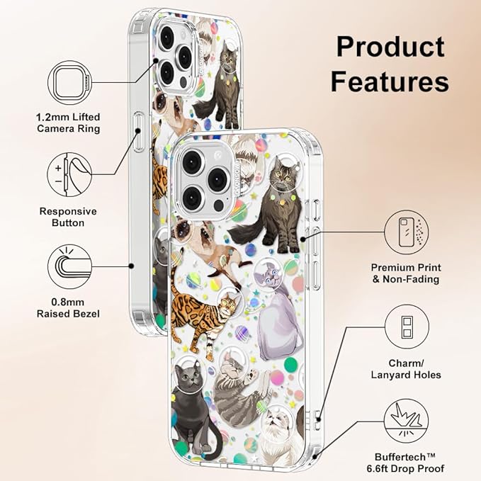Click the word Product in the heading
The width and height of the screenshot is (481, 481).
390,47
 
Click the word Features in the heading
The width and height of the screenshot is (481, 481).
390,81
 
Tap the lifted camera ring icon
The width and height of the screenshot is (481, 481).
69,82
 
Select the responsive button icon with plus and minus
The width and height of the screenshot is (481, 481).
69,174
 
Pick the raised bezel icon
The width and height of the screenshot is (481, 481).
69,266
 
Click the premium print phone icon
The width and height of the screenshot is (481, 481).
407,232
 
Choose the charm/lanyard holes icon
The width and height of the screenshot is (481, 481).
407,327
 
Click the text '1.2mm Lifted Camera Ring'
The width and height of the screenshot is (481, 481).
68,123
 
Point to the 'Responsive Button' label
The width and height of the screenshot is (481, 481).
68,217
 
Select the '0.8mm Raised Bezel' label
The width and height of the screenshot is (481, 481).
68,307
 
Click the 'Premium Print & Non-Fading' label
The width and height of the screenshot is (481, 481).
406,273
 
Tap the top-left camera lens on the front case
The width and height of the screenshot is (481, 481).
193,161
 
